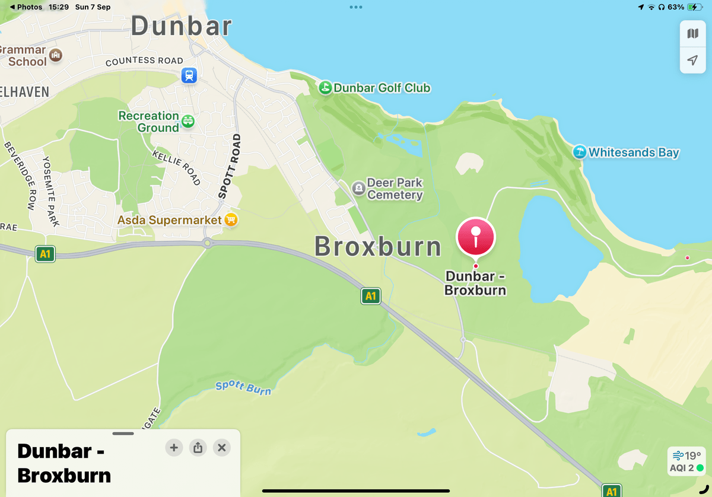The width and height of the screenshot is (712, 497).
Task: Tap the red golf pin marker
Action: (x=475, y=237)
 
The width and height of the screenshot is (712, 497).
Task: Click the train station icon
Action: (x=189, y=75)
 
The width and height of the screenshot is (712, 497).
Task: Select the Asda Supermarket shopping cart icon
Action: (x=231, y=220)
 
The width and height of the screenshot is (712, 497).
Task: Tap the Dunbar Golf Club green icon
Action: (x=325, y=88)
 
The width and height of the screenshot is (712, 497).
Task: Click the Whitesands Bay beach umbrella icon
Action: (x=579, y=152)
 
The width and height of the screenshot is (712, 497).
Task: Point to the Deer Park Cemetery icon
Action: (x=358, y=189)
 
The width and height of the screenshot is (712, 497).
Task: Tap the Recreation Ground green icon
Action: (x=188, y=122)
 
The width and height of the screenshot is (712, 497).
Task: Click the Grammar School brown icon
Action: (x=56, y=55)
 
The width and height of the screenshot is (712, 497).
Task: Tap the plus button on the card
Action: (x=174, y=448)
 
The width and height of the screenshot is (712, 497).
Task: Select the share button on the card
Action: (x=198, y=448)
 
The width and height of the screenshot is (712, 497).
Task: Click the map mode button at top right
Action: (x=692, y=34)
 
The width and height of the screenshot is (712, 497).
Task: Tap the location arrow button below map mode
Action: (x=692, y=60)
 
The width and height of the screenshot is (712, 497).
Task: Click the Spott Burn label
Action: (x=243, y=388)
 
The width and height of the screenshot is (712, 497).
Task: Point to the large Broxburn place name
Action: (x=378, y=247)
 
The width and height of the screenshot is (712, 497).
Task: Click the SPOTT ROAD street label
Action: (x=230, y=166)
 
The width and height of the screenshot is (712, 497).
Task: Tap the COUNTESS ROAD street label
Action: (x=144, y=61)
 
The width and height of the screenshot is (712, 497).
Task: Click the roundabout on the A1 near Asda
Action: (x=207, y=243)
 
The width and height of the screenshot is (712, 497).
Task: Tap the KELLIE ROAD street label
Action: (x=176, y=167)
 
